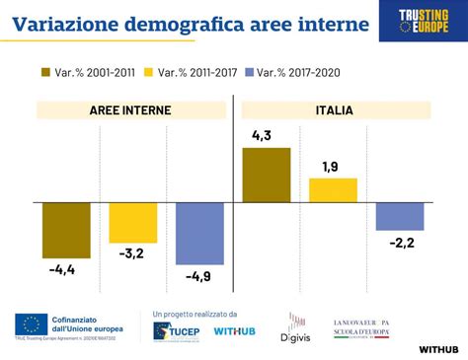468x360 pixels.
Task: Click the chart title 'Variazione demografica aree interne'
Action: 188,23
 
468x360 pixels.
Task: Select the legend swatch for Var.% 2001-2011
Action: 46,72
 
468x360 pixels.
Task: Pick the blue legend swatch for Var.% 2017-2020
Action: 249,72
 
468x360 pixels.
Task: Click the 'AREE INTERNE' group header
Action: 130,110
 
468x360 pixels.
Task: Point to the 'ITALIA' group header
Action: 335,110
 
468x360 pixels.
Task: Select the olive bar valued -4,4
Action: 66,230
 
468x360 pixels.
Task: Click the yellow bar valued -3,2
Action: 132,222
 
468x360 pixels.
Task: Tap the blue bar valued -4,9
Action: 198,233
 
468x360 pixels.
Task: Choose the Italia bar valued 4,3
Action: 267,175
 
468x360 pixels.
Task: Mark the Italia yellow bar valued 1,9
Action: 333,189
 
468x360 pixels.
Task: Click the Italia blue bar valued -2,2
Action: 400,216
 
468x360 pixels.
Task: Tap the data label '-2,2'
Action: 401,243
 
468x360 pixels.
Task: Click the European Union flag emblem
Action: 33,323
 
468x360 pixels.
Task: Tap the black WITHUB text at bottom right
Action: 437,348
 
